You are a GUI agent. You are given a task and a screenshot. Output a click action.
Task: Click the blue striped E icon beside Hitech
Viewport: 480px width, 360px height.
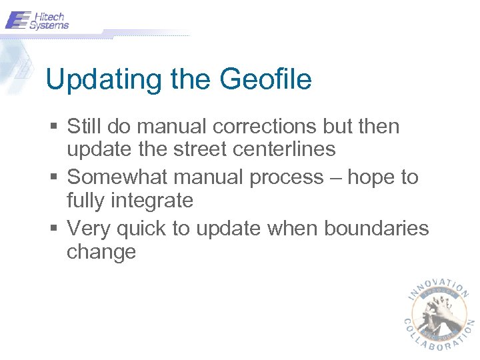[18, 20]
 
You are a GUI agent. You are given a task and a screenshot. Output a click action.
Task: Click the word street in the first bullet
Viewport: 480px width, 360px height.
[197, 149]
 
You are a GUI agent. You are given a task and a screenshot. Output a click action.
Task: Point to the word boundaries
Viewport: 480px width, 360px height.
[377, 229]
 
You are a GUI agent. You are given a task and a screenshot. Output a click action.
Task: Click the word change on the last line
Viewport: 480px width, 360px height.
[101, 252]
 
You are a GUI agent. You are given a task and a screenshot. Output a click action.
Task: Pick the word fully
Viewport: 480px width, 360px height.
[88, 201]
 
